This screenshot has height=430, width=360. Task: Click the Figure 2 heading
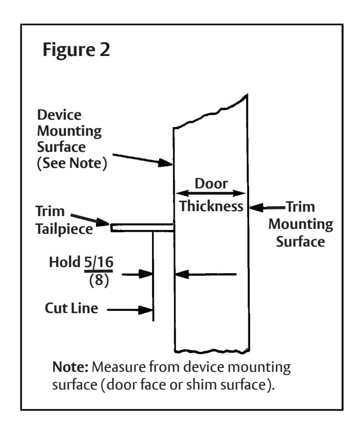[x=76, y=50]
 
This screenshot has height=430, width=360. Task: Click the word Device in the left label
[x=59, y=115]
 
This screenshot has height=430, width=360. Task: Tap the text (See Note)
[x=72, y=163]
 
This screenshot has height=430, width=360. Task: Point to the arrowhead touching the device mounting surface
[x=165, y=163]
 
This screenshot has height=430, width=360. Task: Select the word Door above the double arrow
[x=211, y=183]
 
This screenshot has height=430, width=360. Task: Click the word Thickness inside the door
[x=211, y=206]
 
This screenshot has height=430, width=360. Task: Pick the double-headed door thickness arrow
[x=211, y=193]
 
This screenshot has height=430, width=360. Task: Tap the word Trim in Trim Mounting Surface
[x=301, y=207]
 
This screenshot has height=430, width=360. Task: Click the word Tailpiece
[x=64, y=229]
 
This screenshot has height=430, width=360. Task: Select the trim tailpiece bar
[x=142, y=228]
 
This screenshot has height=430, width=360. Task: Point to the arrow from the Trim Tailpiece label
[x=90, y=219]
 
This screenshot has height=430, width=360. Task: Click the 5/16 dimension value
[x=99, y=262]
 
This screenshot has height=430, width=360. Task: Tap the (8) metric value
[x=99, y=280]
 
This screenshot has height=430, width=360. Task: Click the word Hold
[x=64, y=262]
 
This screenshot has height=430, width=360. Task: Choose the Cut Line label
[x=72, y=308]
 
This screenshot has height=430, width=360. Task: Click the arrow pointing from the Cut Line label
[x=130, y=310]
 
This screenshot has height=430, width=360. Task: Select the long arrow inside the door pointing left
[x=206, y=274]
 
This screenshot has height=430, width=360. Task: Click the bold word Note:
[x=70, y=367]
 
